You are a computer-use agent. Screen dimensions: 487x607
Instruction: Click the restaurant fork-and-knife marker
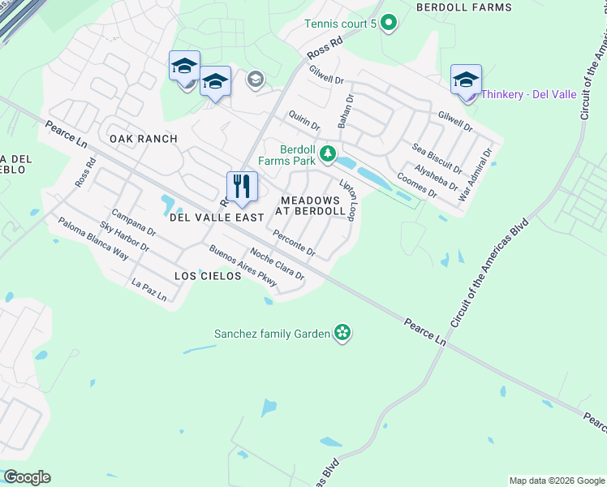(242, 187)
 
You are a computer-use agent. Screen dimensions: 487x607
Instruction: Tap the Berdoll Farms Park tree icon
(328, 153)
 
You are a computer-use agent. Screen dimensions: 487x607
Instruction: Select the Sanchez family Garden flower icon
(342, 333)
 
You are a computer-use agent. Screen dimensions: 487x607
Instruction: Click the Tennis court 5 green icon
(388, 24)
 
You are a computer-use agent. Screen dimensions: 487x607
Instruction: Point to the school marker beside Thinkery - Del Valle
(466, 80)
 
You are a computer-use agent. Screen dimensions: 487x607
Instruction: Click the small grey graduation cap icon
(256, 79)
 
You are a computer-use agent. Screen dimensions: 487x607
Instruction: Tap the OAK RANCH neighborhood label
(144, 139)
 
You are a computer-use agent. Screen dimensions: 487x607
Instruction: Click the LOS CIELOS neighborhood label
(208, 276)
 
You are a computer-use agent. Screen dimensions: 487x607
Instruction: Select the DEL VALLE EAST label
(217, 218)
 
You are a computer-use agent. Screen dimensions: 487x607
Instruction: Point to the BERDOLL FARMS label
(463, 7)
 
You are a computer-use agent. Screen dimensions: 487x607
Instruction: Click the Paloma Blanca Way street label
(93, 237)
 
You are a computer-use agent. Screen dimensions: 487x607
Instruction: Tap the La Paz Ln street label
(149, 291)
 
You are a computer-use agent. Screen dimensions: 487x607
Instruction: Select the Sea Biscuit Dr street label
(437, 158)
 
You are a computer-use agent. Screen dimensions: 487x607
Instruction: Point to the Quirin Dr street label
(303, 121)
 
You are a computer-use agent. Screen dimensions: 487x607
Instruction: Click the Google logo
(27, 477)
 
